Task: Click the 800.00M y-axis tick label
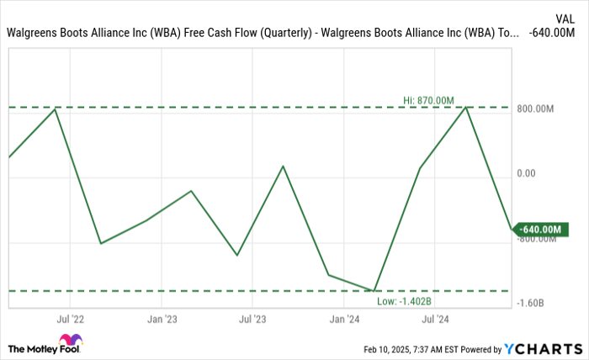click(535, 109)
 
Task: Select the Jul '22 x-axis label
click(70, 320)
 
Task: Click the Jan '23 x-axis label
click(162, 320)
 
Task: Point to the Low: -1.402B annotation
click(404, 300)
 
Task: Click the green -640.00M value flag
click(539, 229)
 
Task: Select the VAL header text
click(565, 17)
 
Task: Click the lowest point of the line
click(374, 291)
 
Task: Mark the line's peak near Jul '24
click(465, 107)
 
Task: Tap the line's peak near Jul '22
click(56, 109)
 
